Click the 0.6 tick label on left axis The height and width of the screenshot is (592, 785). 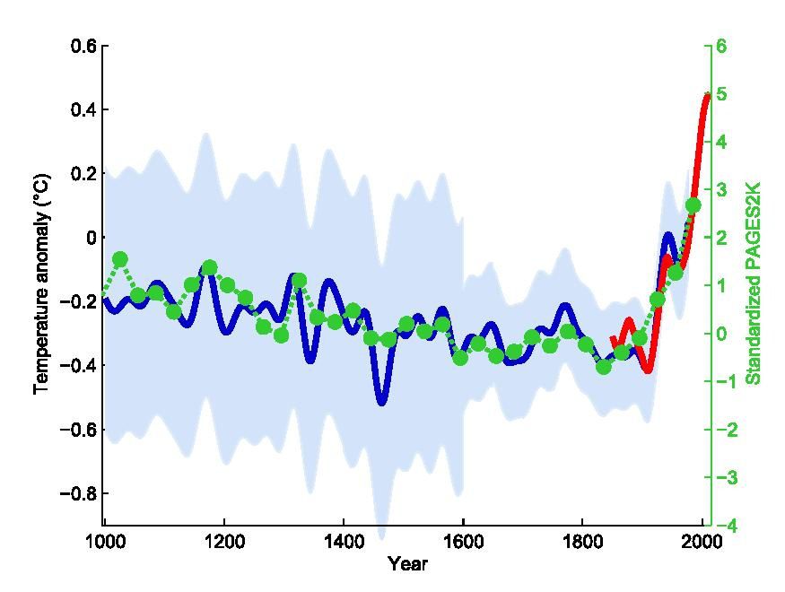click(x=83, y=46)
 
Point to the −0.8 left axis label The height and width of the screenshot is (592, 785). click(x=79, y=493)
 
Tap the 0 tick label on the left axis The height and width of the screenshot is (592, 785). click(x=90, y=238)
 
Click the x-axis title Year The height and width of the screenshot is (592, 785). click(x=407, y=564)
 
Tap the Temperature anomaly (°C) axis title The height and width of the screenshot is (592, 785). click(x=41, y=283)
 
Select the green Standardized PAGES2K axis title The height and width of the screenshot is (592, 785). click(x=754, y=283)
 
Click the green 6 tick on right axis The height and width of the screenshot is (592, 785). click(x=720, y=46)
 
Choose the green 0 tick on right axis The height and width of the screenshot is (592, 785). click(x=720, y=334)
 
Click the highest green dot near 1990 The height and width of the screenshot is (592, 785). click(x=693, y=205)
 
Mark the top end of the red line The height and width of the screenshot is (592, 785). click(x=707, y=95)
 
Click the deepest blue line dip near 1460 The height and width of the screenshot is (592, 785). click(x=382, y=402)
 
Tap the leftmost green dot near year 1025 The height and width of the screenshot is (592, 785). click(x=120, y=259)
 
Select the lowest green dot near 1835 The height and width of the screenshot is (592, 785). click(x=604, y=366)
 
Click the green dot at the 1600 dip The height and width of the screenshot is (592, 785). click(x=460, y=358)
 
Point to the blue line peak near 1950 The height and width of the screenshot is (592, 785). click(x=669, y=236)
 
